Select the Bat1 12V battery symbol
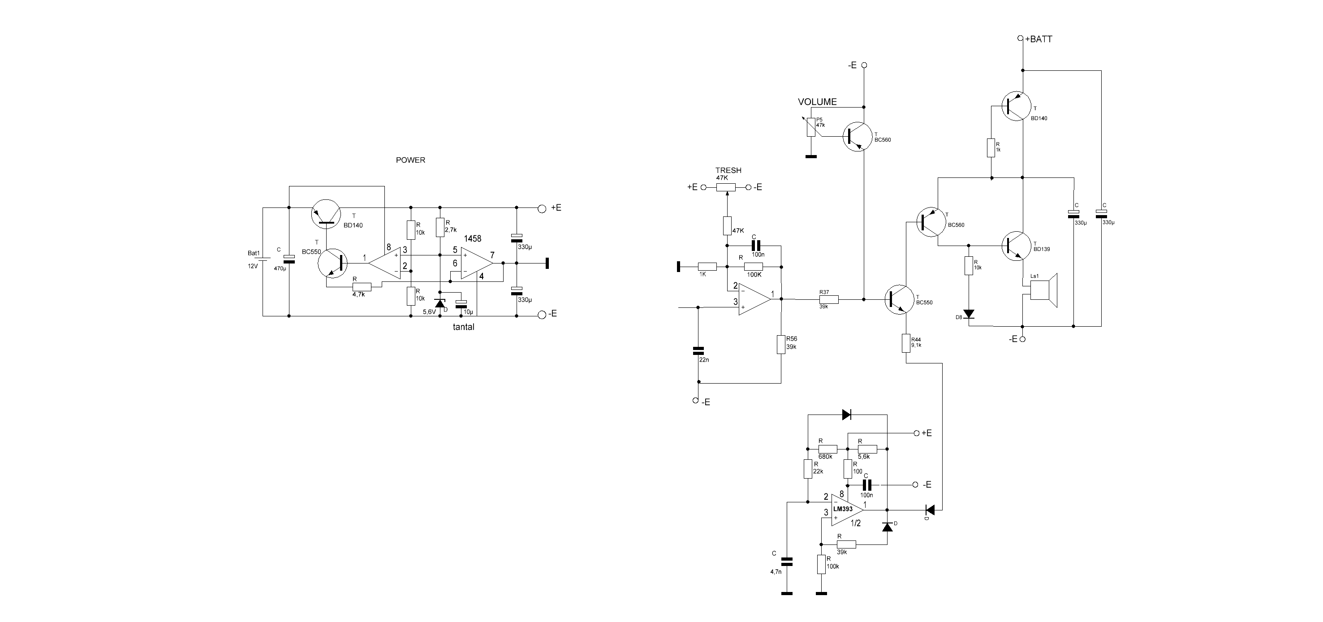pos(263,260)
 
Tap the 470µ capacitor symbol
pos(289,259)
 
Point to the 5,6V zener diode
pos(440,303)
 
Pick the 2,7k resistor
pos(440,227)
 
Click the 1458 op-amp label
pos(473,239)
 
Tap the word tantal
pos(463,327)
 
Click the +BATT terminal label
pos(1039,39)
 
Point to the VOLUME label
pos(817,102)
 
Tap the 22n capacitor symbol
pos(698,351)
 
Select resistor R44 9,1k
pos(906,343)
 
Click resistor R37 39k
pos(828,299)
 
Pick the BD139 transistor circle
pos(1017,247)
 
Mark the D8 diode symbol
pos(969,314)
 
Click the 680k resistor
pos(828,449)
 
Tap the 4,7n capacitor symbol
pos(787,561)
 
